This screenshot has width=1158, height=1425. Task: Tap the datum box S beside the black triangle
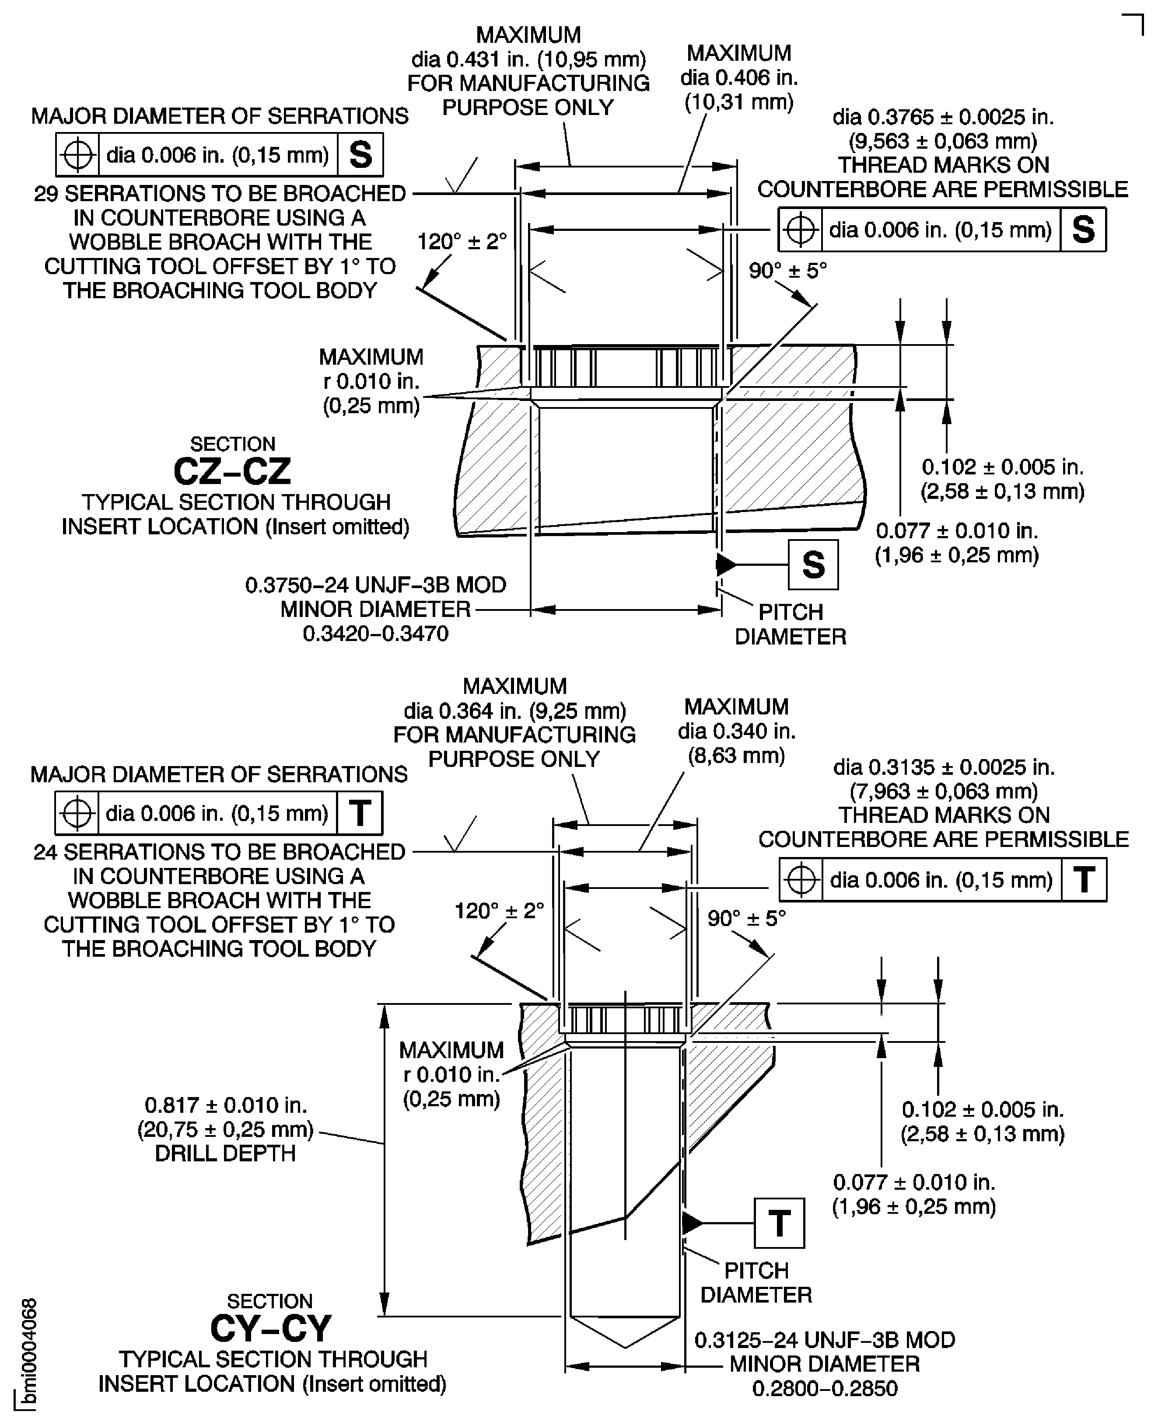812,565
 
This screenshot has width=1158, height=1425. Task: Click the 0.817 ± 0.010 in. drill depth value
225,1105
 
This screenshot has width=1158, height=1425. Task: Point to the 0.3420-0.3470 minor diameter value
375,634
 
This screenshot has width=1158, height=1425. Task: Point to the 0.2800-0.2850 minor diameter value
825,1388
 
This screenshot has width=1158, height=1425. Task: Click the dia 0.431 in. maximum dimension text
528,59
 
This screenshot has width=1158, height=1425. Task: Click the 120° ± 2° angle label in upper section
462,241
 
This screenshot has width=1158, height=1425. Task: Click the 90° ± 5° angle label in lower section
746,919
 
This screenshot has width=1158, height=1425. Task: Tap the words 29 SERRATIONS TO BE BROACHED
220,193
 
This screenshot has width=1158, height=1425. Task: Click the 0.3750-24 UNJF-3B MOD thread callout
375,585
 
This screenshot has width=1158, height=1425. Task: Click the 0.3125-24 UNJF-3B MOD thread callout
825,1340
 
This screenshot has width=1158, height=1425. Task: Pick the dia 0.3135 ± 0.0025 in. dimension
943,767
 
